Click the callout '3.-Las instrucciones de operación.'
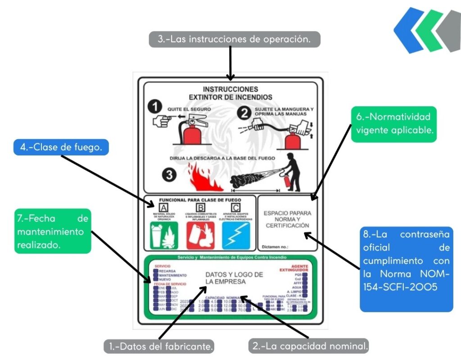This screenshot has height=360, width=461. point(235,39)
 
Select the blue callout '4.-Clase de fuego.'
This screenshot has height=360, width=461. point(61,147)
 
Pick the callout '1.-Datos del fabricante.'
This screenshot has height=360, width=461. point(160,346)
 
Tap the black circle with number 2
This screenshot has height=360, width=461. point(244,113)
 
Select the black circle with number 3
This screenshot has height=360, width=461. point(169,176)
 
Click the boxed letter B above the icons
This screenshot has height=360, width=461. point(200,207)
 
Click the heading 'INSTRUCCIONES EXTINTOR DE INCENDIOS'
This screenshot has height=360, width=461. point(230,93)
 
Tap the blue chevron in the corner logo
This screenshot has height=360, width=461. point(409,30)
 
